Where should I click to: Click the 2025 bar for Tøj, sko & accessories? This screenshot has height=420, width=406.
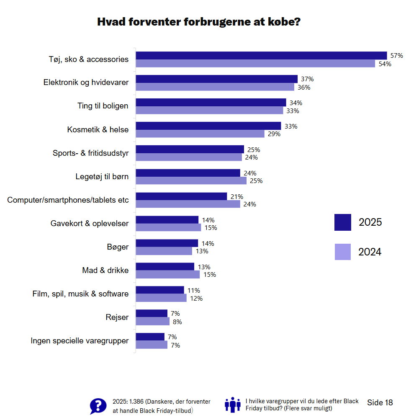(261, 56)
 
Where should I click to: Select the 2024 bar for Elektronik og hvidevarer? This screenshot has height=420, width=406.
(215, 87)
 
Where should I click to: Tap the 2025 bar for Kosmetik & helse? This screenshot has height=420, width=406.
(208, 126)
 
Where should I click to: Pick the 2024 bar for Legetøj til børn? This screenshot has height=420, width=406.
(191, 181)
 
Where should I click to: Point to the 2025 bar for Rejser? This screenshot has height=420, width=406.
(152, 314)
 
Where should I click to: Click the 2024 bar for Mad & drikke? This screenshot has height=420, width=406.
(168, 275)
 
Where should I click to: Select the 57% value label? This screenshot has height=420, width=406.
(396, 56)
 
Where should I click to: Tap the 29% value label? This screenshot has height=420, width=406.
(274, 134)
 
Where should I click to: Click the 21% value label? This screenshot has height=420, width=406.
(236, 196)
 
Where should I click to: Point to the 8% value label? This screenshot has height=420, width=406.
(177, 322)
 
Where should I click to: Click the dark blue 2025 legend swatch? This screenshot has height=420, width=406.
(343, 222)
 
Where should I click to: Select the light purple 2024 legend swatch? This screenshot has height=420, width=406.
(343, 252)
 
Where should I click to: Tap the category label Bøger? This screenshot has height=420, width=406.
(118, 247)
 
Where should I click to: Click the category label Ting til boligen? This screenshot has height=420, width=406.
(103, 106)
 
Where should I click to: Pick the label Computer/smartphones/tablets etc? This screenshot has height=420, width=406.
(68, 200)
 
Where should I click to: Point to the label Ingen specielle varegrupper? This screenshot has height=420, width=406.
(80, 341)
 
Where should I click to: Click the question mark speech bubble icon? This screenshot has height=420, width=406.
(98, 406)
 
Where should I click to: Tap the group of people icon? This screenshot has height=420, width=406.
(233, 405)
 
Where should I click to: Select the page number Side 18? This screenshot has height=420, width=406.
(380, 403)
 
